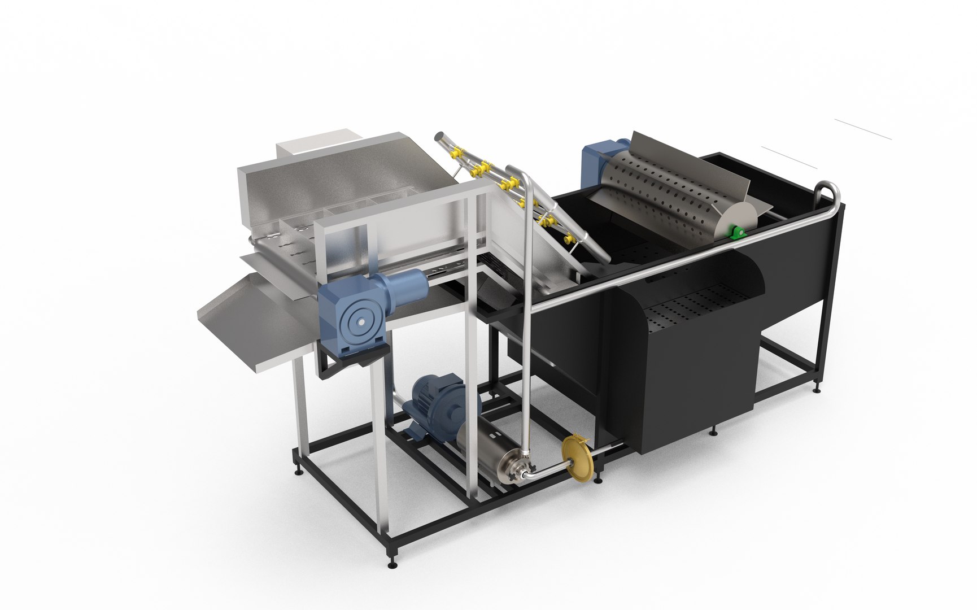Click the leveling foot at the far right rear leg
click(817, 388)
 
